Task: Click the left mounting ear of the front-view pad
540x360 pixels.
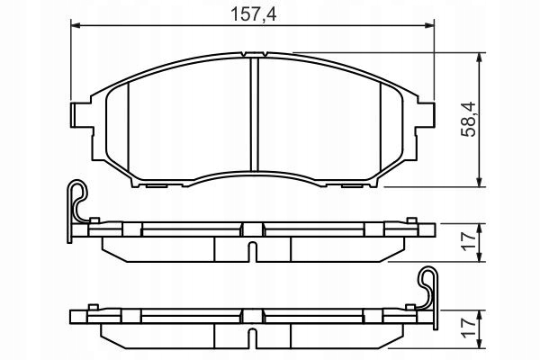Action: [78, 114]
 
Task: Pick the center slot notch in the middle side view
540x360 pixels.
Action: [254, 248]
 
